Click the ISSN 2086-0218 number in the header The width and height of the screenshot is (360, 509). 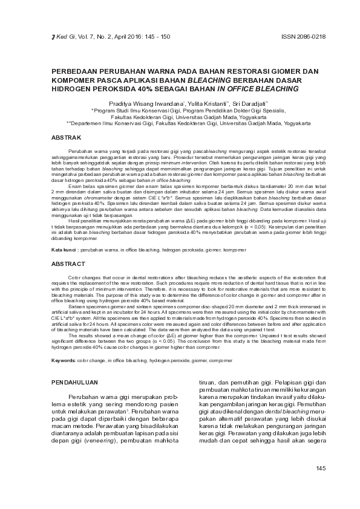[x=304, y=37]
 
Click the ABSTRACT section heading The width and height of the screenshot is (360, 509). [x=68, y=264]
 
